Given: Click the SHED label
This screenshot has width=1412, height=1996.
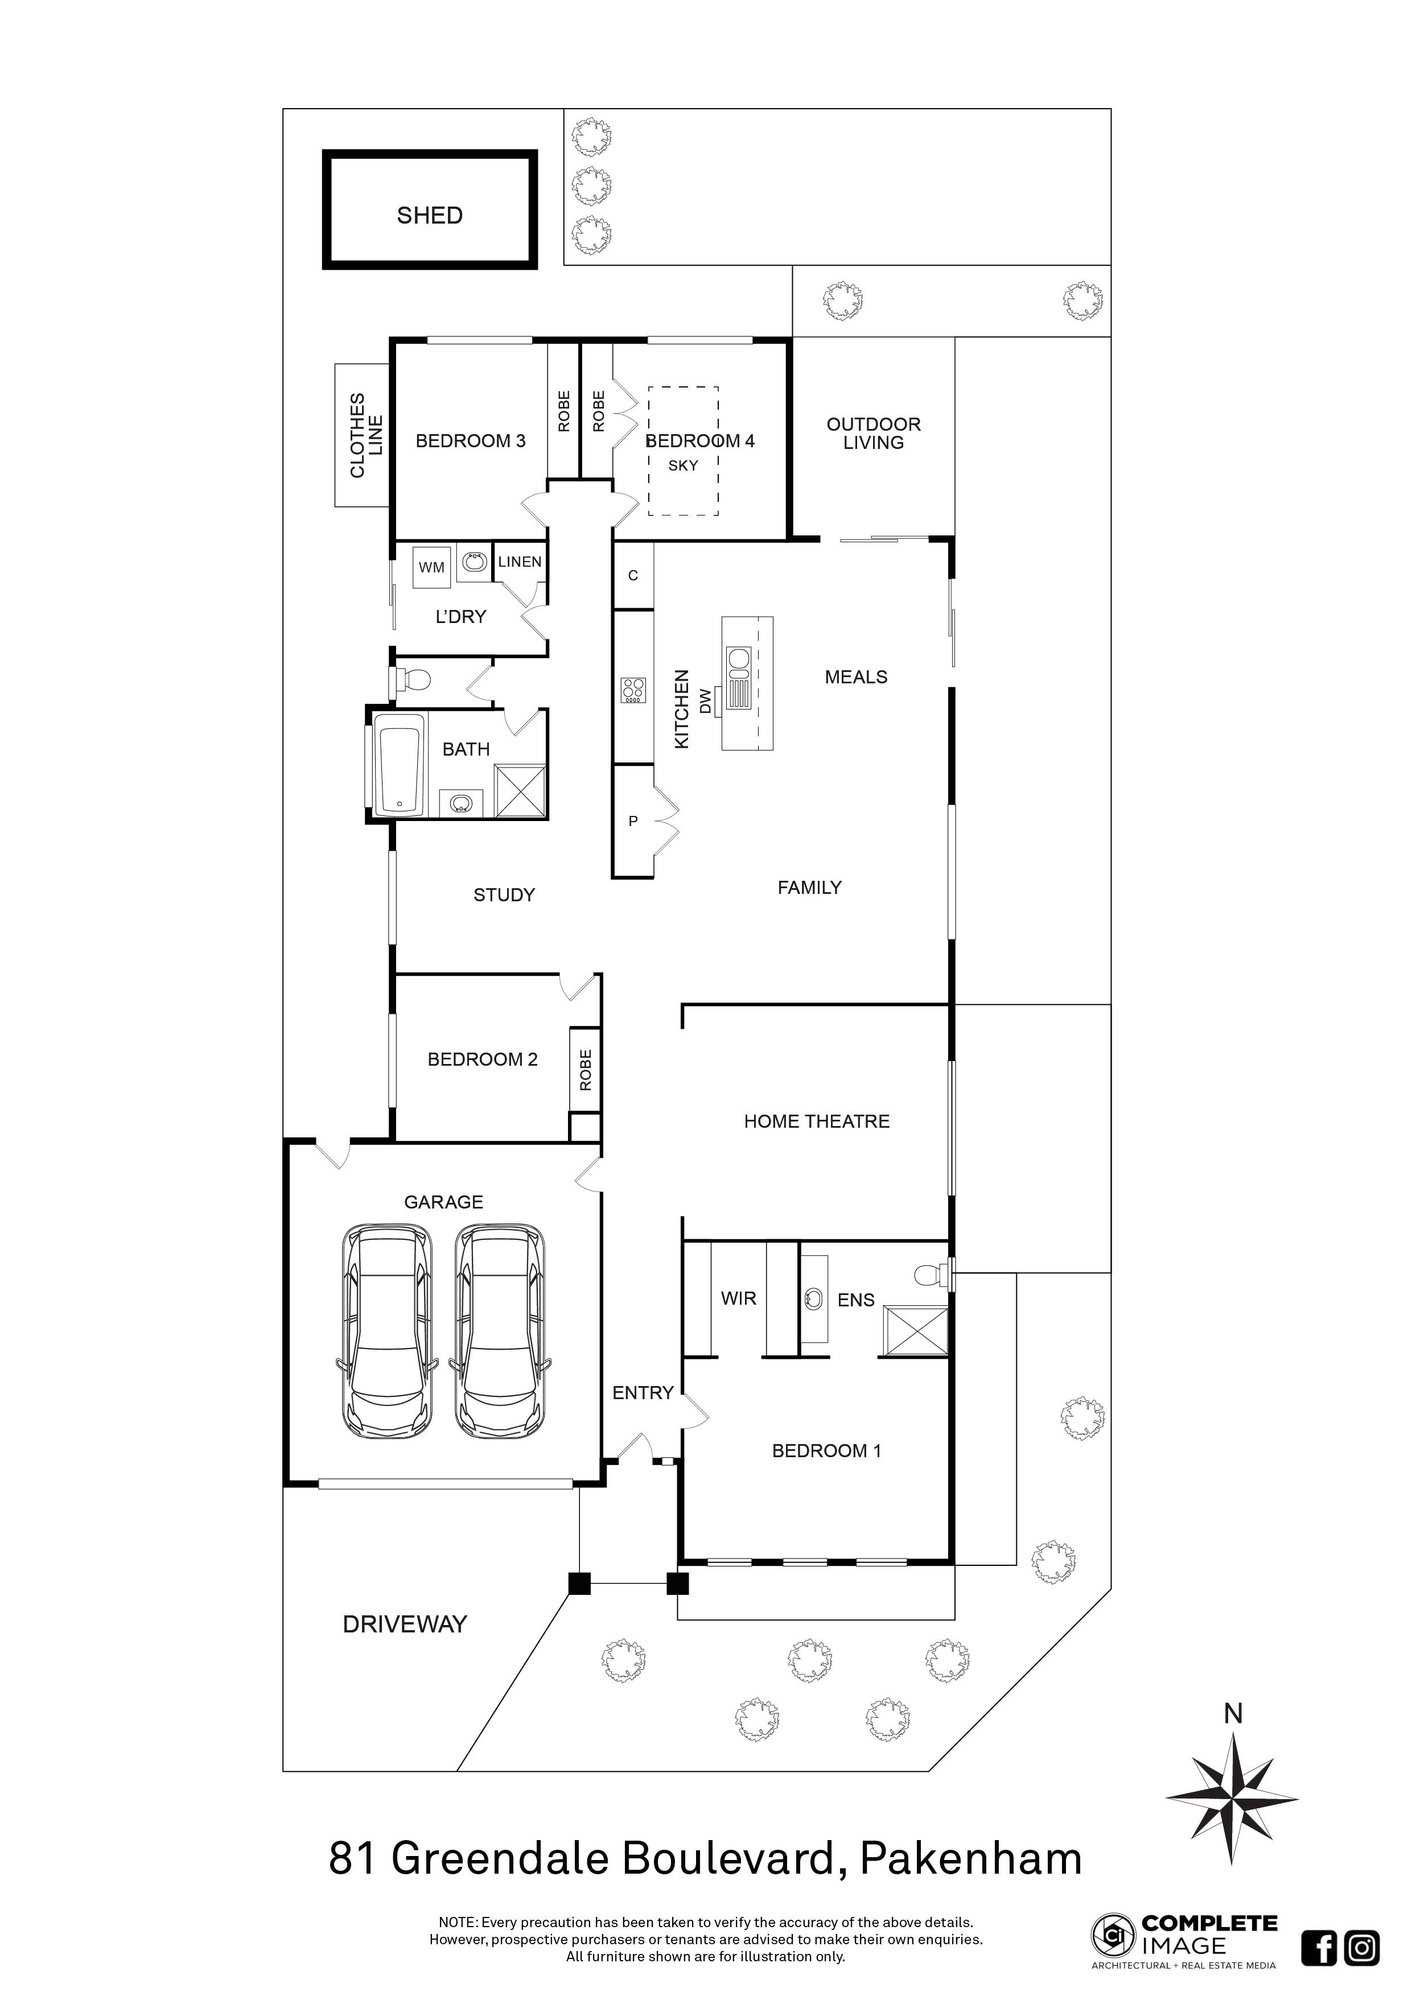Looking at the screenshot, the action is click(x=430, y=216).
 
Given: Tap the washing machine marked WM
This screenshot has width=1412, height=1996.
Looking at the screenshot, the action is click(x=431, y=567).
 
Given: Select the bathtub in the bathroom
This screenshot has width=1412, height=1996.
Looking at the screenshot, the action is click(x=399, y=766).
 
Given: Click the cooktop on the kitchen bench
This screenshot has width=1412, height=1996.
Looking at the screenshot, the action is click(x=633, y=690).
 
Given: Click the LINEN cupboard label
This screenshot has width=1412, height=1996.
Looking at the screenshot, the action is click(x=520, y=562).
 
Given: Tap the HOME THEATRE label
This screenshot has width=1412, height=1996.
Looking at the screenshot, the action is click(x=817, y=1121).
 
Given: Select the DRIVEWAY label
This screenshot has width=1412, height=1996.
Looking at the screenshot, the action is click(x=405, y=1624).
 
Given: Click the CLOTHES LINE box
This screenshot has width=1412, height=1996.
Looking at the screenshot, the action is click(x=362, y=435).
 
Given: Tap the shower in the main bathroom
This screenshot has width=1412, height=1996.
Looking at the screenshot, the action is click(x=520, y=790).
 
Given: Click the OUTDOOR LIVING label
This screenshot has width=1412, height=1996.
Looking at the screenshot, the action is click(x=873, y=433).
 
